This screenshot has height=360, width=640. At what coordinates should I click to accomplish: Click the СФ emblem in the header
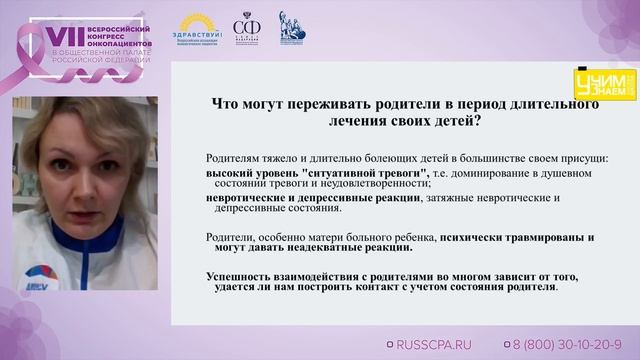[x=245, y=27]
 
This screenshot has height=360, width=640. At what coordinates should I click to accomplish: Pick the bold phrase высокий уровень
[x=244, y=172]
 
